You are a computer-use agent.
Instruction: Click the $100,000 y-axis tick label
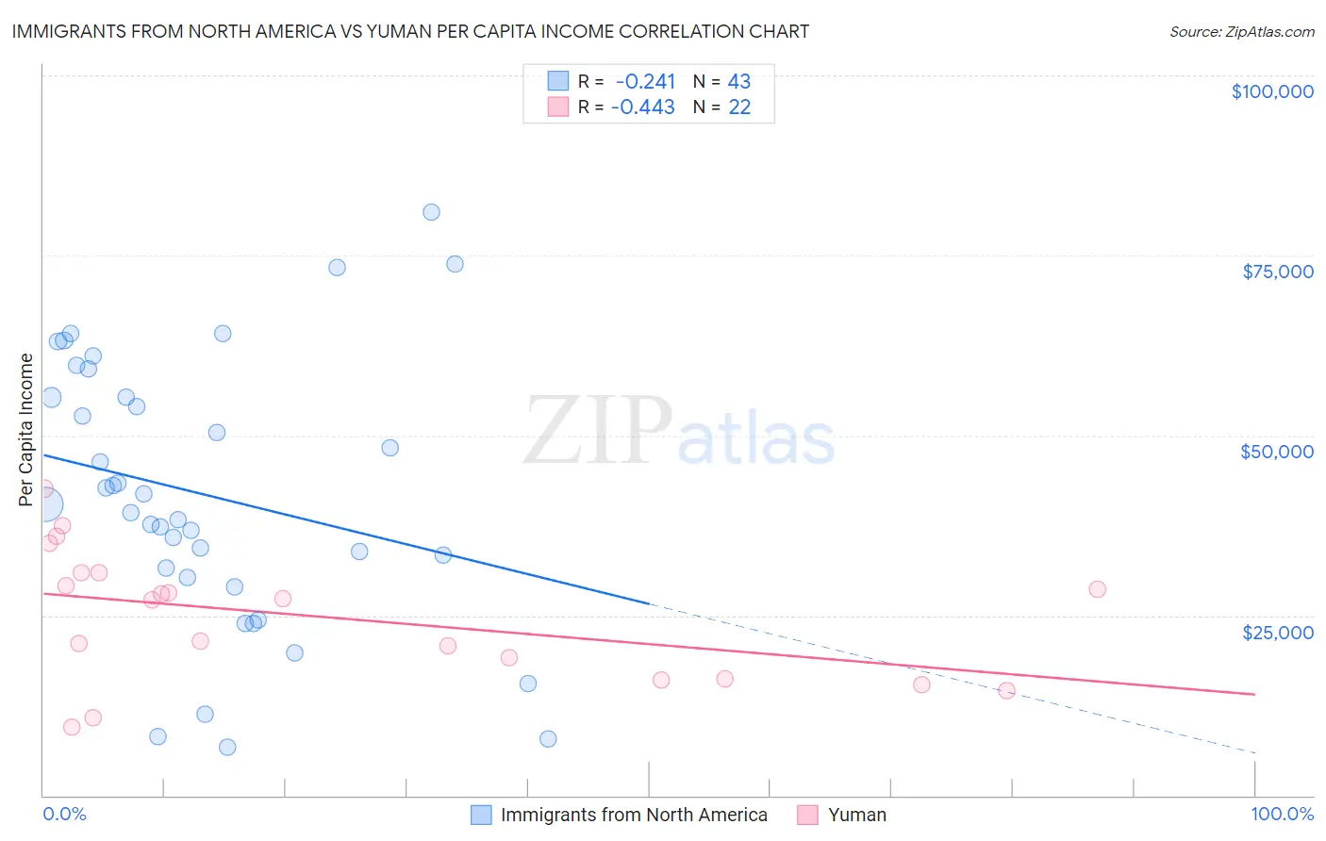coord(1272,91)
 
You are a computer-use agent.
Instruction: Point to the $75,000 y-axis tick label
coord(1278,272)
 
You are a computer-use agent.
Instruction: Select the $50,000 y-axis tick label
coord(1276,452)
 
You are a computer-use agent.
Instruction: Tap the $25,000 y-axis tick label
coord(1278,633)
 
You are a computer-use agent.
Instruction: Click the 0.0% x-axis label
coord(64,815)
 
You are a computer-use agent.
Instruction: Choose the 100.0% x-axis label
coord(1282,815)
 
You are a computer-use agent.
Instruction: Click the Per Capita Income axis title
coord(26,430)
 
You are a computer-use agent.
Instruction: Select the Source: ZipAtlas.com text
coord(1241,32)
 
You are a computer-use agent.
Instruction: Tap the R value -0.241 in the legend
coord(645,82)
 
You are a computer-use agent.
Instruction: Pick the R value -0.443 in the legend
coord(643,107)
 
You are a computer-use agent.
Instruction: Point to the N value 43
coord(739,82)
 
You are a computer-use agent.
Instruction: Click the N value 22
coord(739,107)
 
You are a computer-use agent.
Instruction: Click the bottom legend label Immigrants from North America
coord(634,815)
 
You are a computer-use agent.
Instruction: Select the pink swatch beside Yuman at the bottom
coord(807,815)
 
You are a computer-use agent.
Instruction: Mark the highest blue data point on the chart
coord(431,212)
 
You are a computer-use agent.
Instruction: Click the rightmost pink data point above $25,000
coord(1097,589)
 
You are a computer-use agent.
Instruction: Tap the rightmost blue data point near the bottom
coord(548,739)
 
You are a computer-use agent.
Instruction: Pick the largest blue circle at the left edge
coord(43,504)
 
